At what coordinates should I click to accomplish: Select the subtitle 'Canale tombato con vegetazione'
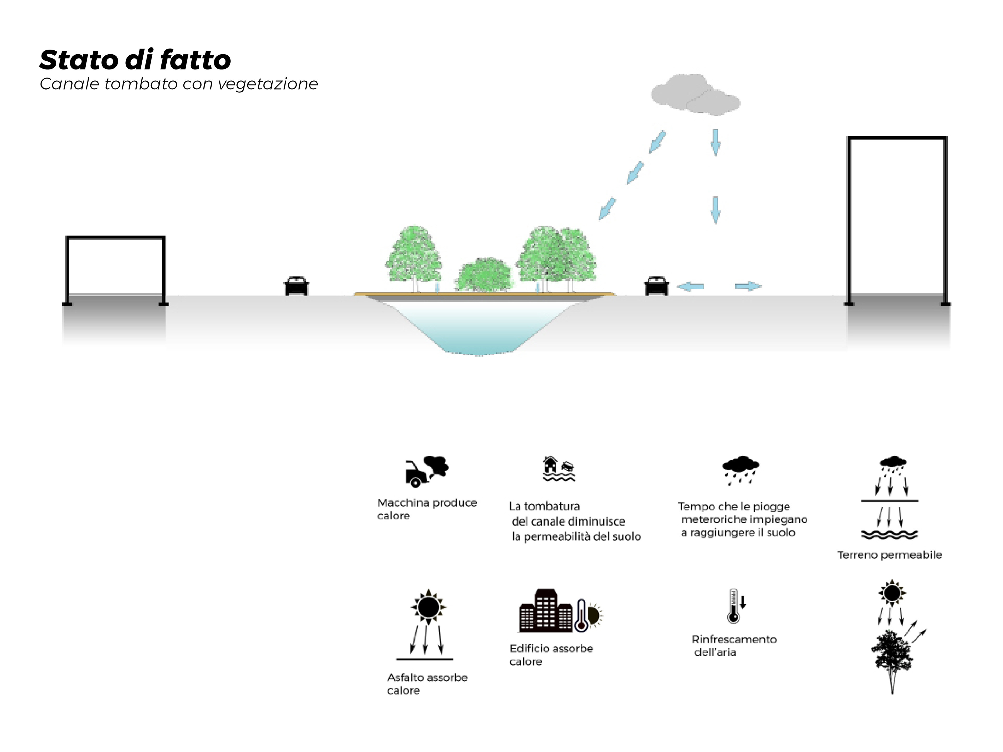pos(179,84)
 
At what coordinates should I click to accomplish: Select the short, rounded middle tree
pos(483,274)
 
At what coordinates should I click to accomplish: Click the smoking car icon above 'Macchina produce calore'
pos(426,471)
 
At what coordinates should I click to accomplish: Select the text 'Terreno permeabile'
pos(889,555)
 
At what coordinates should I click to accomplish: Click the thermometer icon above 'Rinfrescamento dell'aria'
pos(734,606)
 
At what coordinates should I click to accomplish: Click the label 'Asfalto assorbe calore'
pos(427,684)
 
